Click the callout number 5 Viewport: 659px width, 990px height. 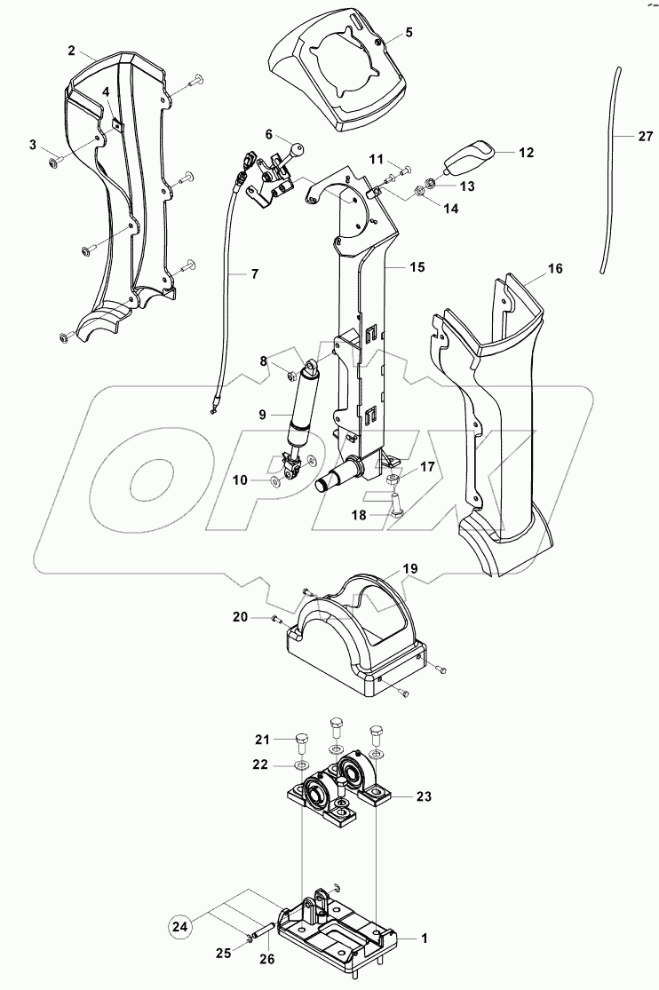pos(409,32)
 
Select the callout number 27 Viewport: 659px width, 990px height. pos(644,136)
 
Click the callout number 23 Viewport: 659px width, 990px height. pos(424,796)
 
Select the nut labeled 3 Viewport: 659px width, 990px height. pos(55,162)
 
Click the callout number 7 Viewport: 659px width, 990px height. pos(254,273)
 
